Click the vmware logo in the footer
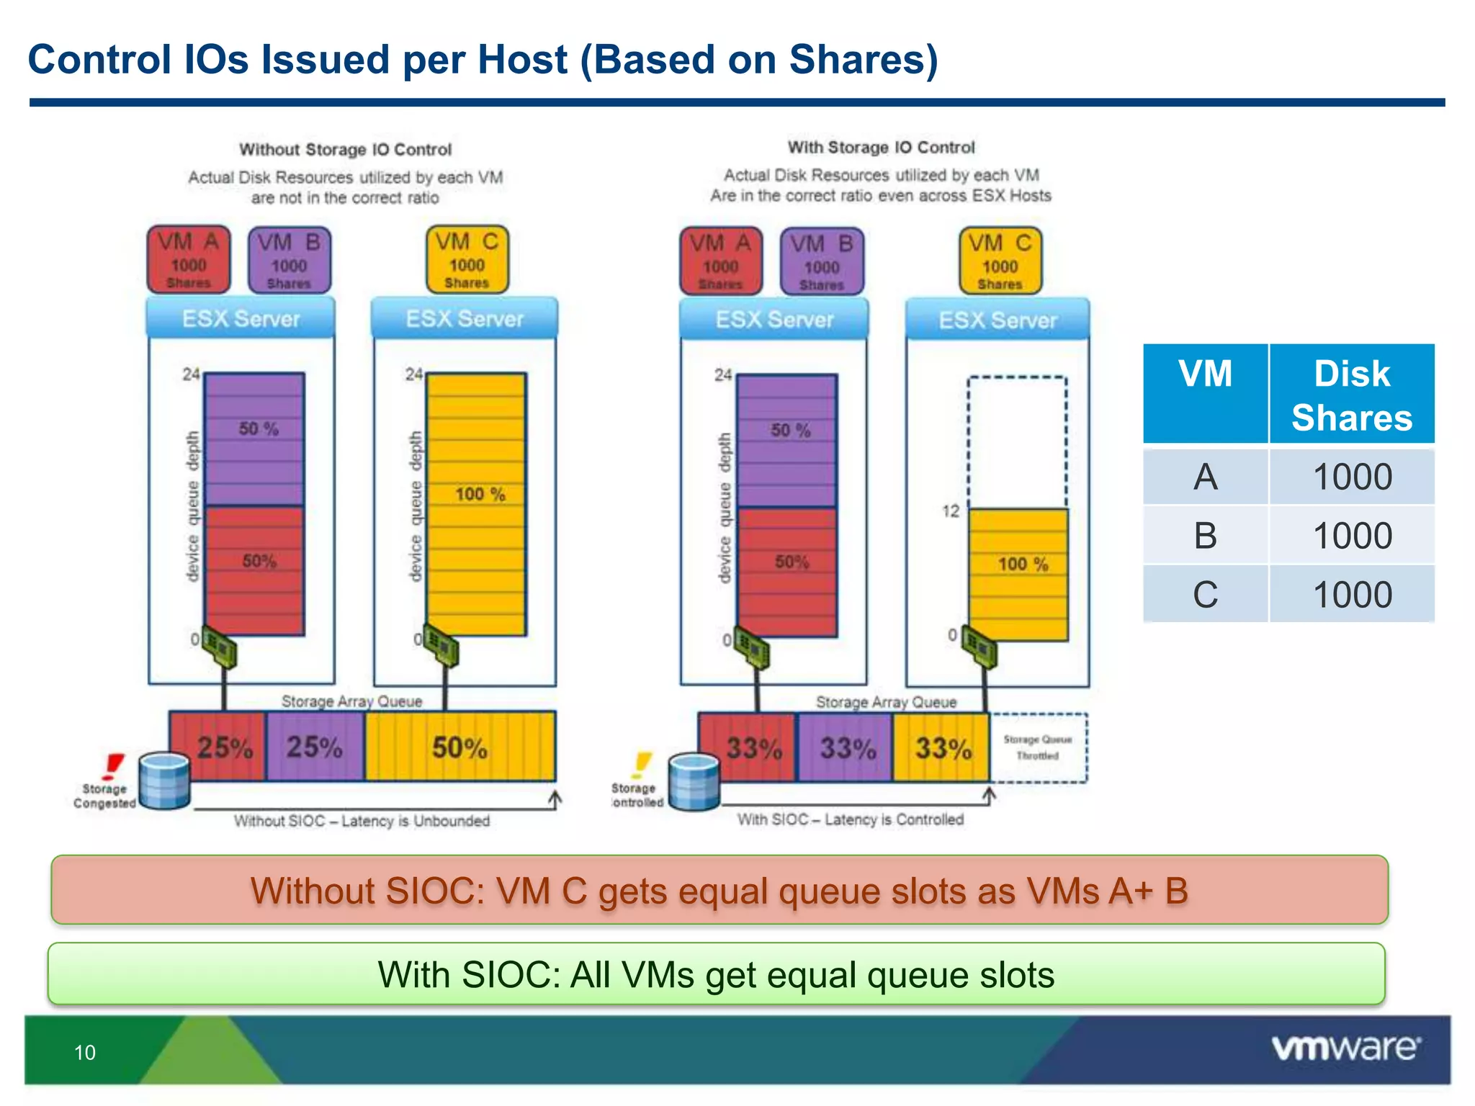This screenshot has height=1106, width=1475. pos(1345,1048)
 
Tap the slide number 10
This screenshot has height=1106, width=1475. pos(85,1053)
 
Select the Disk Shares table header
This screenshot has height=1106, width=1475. pos(1351,395)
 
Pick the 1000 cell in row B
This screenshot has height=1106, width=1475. pos(1352,536)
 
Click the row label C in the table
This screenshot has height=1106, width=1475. pos(1205,595)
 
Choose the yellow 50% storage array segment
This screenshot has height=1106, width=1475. pos(459,747)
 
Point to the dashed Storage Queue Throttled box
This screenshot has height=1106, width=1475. pos(1038,747)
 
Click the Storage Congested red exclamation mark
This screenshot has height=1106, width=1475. pos(113,766)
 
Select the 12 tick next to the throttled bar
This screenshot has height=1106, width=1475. pos(951,511)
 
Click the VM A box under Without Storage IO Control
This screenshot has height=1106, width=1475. pos(189,260)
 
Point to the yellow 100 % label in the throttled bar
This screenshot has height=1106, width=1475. pos(1022,564)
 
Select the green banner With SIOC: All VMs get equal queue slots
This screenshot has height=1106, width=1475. pos(716,974)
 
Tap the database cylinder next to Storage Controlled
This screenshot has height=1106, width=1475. pos(694,783)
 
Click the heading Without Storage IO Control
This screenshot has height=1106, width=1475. pos(345,150)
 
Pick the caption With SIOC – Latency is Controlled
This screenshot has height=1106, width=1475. pos(850,819)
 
